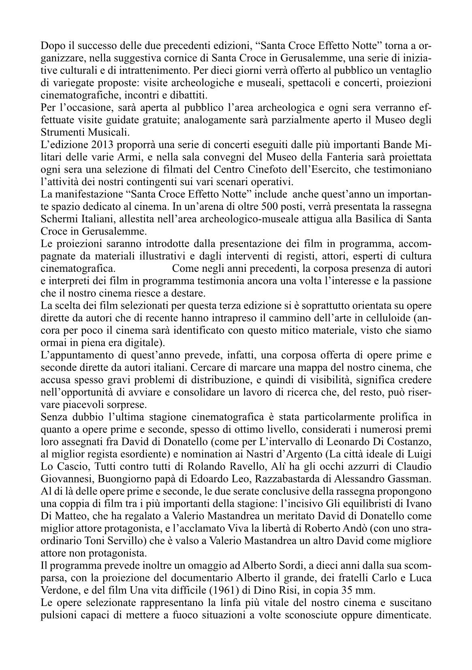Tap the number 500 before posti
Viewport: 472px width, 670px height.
pyautogui.click(x=270, y=206)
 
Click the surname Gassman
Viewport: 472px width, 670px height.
pyautogui.click(x=405, y=479)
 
